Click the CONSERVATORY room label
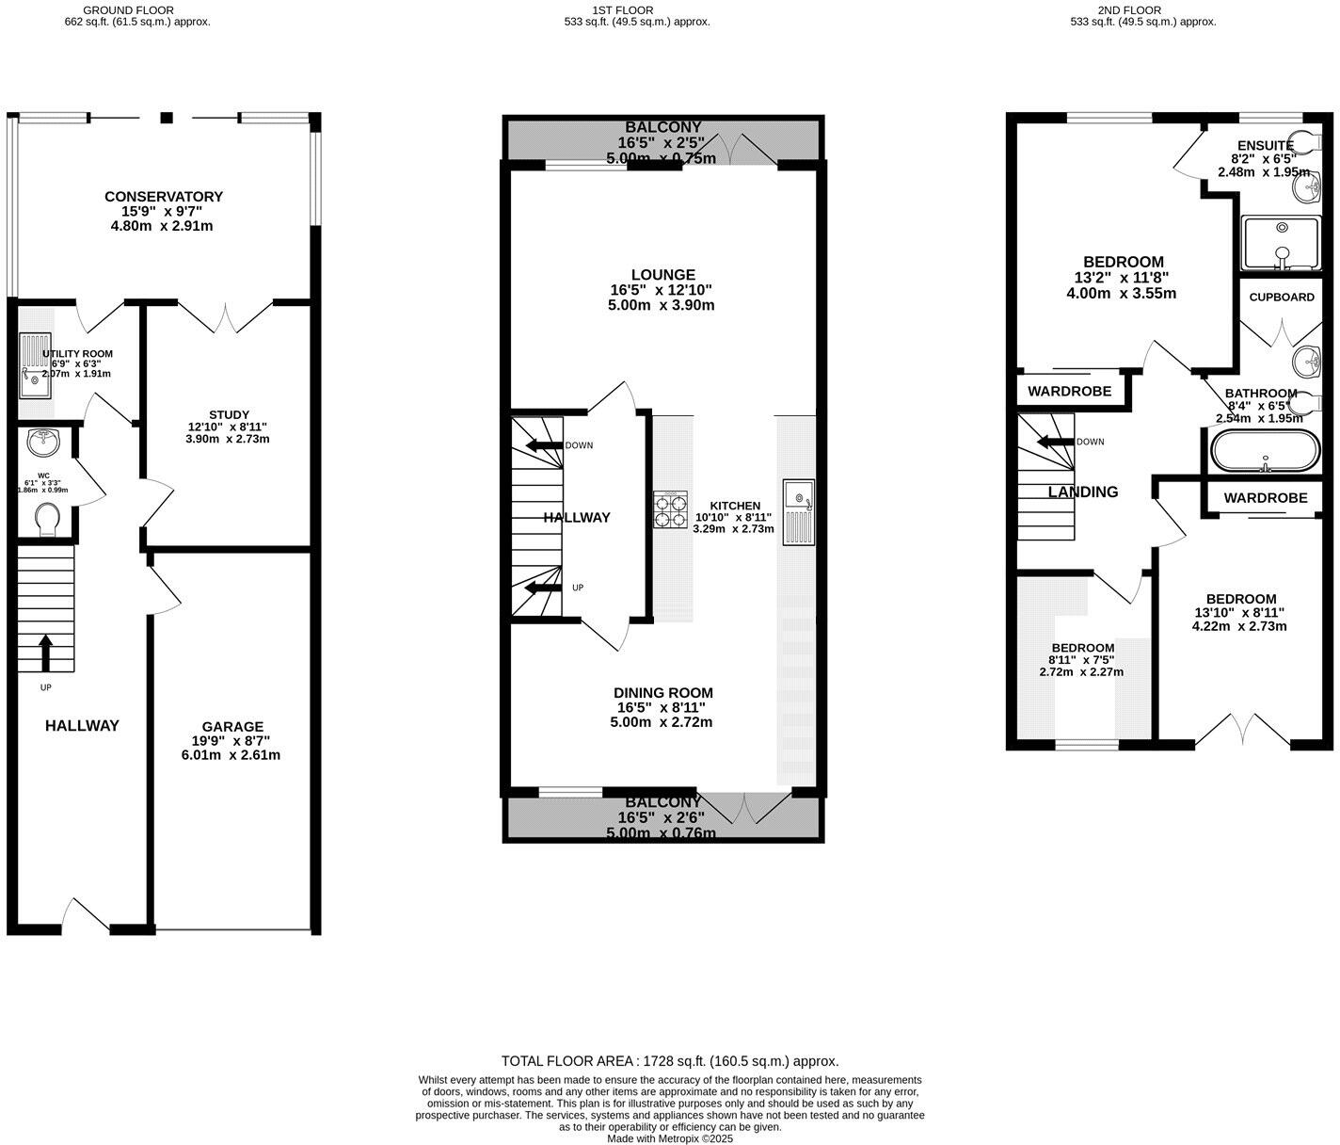click(164, 197)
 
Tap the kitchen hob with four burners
click(670, 509)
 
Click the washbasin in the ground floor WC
click(44, 440)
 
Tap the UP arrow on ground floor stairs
click(45, 652)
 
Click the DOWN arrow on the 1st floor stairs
click(544, 445)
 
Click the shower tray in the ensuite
click(1283, 242)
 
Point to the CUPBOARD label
click(1282, 297)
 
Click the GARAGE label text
click(232, 726)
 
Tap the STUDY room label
click(229, 414)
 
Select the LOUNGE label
click(663, 275)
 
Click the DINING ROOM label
click(663, 693)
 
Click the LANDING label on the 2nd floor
click(1083, 492)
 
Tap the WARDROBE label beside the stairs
click(1069, 391)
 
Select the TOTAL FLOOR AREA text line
click(670, 1060)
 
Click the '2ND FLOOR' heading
click(1142, 10)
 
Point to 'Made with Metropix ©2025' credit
click(670, 1137)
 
